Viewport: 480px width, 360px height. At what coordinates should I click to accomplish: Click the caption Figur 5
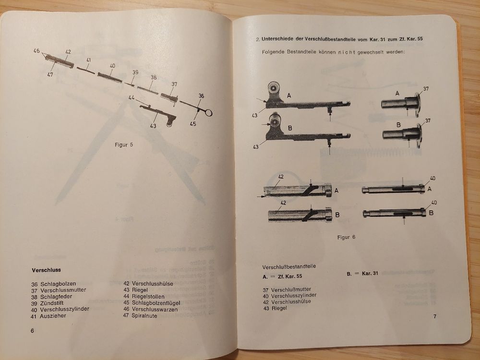124,145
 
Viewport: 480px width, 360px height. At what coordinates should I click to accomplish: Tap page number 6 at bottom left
32,331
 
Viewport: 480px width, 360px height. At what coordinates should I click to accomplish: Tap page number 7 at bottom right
434,316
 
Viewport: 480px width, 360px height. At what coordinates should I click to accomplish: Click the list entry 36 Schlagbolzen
54,284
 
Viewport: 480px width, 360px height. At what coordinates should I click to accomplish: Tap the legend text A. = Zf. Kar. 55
282,277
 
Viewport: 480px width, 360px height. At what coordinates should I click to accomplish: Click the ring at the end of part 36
210,112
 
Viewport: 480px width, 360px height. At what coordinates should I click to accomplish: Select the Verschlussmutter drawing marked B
401,133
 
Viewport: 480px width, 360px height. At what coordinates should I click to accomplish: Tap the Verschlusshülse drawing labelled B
299,216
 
